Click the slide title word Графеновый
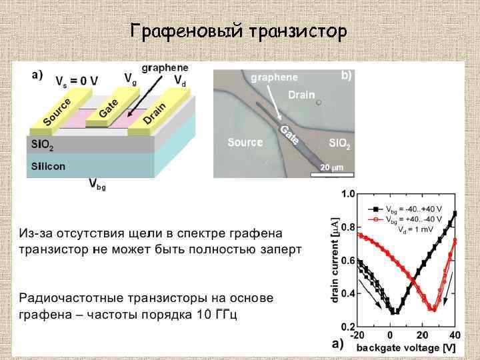pyautogui.click(x=186, y=31)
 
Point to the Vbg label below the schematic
pyautogui.click(x=97, y=185)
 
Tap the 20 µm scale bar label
pyautogui.click(x=331, y=167)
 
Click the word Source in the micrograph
pyautogui.click(x=245, y=142)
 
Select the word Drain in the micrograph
pyautogui.click(x=301, y=95)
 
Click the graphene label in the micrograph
pyautogui.click(x=274, y=77)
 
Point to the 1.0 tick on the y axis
pyautogui.click(x=348, y=194)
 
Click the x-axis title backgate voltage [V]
pyautogui.click(x=407, y=347)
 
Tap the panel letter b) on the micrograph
pyautogui.click(x=346, y=75)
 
